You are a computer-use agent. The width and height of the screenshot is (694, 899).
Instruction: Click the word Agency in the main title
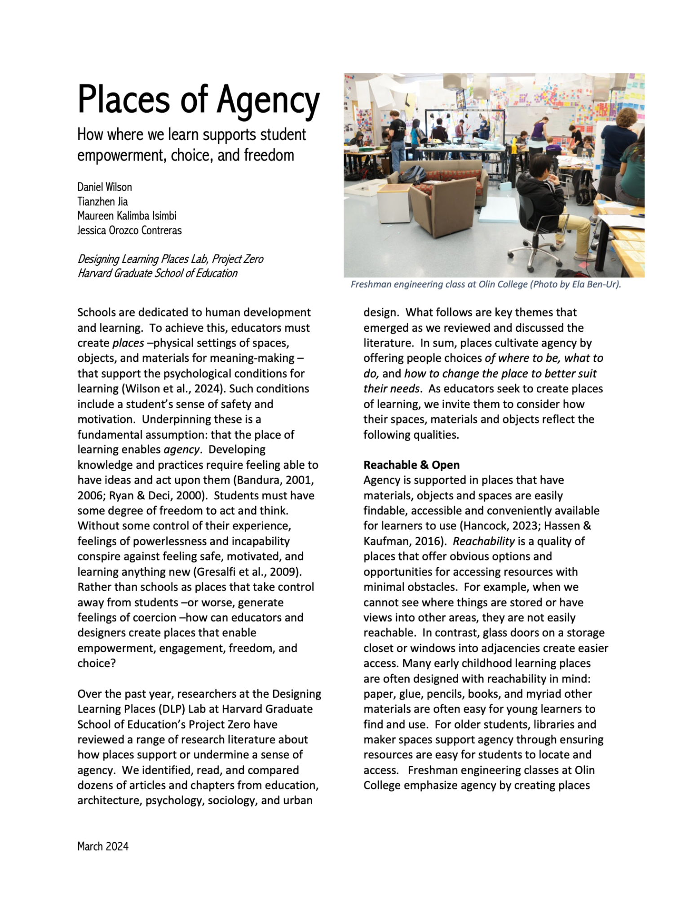click(268, 100)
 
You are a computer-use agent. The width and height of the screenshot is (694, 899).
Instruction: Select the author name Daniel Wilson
click(105, 187)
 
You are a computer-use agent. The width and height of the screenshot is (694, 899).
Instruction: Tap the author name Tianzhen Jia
click(102, 201)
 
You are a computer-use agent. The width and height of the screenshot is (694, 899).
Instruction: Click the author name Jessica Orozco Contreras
click(129, 230)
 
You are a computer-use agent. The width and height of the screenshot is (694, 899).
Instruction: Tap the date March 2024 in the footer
click(103, 846)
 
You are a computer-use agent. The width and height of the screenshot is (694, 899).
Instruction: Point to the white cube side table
click(394, 204)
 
